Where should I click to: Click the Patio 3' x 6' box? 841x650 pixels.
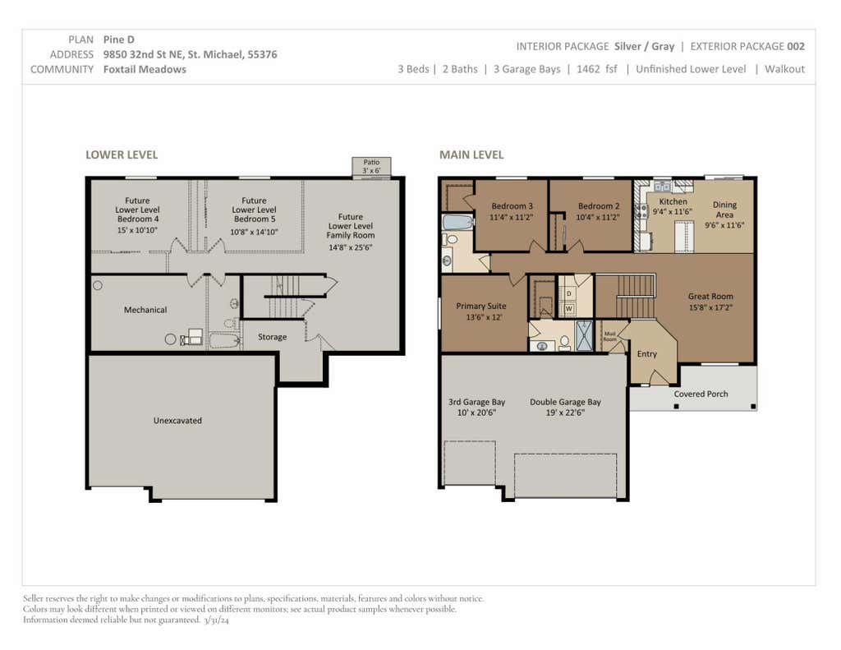[371, 167]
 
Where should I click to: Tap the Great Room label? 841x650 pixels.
[710, 297]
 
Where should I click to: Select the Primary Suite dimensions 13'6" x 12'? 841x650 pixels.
[484, 317]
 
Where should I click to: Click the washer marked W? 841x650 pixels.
[568, 309]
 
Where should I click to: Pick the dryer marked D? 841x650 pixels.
[568, 294]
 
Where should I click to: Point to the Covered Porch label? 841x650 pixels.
[701, 394]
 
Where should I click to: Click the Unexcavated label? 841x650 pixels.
[177, 421]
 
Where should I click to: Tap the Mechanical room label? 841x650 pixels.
[145, 310]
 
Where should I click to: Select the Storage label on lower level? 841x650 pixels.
[272, 337]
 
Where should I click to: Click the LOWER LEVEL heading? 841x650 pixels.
[122, 155]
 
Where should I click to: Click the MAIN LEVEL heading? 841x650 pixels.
[471, 155]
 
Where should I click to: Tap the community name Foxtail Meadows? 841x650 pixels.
[145, 69]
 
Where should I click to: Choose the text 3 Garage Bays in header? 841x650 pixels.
[526, 69]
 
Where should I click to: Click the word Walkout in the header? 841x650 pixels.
[784, 69]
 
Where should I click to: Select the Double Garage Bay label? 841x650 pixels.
[565, 402]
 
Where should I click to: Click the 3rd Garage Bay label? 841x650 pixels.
[477, 402]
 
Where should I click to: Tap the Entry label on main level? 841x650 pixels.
[647, 354]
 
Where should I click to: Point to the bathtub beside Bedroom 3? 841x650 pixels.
[457, 222]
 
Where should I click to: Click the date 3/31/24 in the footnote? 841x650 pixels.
[216, 620]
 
